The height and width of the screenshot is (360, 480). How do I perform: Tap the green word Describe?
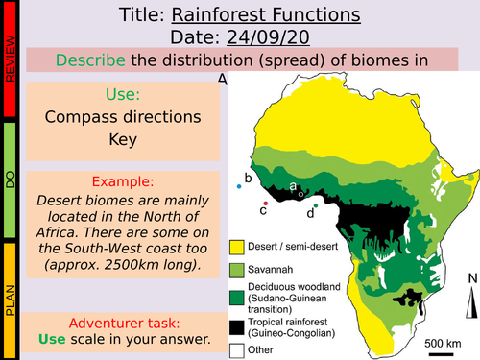[x=90, y=60]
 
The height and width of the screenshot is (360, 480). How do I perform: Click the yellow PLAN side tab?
[x=10, y=298]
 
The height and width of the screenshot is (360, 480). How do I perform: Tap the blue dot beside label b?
[x=239, y=186]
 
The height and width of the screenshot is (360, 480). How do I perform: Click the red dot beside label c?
[x=265, y=204]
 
